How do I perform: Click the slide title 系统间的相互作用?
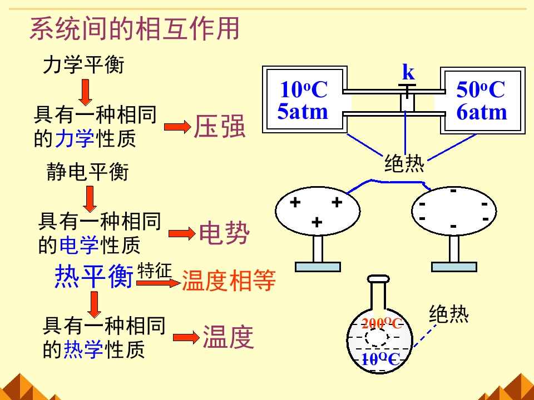[134, 29]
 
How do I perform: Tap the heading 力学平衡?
[84, 66]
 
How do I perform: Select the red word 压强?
[219, 127]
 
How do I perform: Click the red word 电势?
[224, 233]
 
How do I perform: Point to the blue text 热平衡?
[94, 276]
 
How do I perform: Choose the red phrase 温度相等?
[229, 281]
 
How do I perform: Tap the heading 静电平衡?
[87, 172]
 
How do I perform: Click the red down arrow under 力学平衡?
[85, 92]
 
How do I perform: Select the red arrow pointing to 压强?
[177, 127]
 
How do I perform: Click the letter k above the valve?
[408, 72]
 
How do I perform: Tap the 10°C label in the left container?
[303, 89]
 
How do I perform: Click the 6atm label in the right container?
[482, 113]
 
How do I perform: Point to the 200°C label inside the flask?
[382, 324]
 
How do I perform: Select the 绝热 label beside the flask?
[449, 314]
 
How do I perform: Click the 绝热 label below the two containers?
[404, 164]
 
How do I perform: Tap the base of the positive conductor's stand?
[318, 267]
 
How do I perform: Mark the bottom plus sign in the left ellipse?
[317, 223]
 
